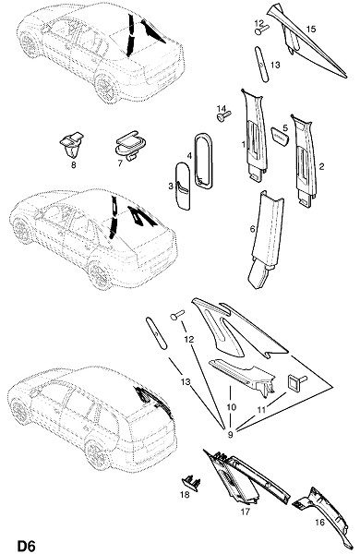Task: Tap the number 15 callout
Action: (310, 29)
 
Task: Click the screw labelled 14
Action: (224, 115)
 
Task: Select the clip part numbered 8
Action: (72, 145)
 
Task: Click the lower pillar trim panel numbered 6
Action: (267, 239)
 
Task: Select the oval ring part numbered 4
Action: (203, 161)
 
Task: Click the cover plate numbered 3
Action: (184, 186)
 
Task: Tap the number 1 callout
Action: (244, 144)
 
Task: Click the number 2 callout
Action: (321, 166)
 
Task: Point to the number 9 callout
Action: (231, 435)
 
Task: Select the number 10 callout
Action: (232, 407)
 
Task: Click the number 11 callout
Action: (261, 409)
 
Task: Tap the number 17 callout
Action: (246, 512)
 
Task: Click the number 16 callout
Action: (319, 522)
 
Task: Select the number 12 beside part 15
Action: (259, 23)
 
